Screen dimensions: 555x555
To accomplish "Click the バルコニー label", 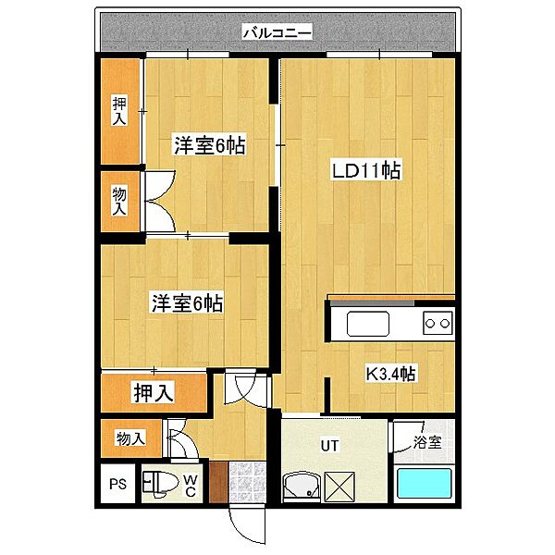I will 277,32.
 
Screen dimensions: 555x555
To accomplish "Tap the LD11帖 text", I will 366,170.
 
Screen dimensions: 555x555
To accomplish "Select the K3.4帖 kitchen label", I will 390,374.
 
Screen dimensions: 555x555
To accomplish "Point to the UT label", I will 329,445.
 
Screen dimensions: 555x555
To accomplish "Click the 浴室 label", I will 426,441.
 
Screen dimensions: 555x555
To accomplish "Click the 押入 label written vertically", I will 119,112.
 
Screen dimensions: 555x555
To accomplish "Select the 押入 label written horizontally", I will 152,392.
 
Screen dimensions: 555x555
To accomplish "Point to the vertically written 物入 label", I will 119,201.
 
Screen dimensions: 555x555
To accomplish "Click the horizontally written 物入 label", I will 130,438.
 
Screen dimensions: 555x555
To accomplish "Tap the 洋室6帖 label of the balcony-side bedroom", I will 210,145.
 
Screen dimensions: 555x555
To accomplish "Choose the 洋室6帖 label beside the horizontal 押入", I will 186,302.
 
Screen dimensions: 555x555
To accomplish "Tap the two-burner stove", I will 438,323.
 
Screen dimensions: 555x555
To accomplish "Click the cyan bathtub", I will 424,486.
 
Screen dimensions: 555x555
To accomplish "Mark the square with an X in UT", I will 339,486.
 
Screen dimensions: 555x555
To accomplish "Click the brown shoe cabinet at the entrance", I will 217,483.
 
